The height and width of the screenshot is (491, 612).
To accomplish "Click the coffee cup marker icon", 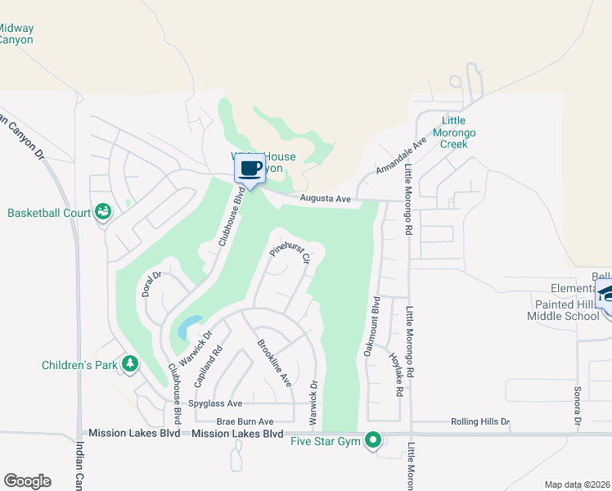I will [250, 169].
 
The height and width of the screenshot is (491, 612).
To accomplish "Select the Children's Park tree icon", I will [129, 364].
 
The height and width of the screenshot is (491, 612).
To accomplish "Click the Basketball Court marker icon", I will [103, 213].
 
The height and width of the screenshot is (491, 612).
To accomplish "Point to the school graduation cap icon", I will [606, 292].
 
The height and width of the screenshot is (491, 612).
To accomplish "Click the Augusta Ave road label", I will [325, 199].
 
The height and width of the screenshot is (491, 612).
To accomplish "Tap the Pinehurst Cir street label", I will [290, 255].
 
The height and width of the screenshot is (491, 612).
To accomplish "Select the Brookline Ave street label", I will [274, 363].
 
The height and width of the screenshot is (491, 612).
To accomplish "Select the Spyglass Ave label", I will [215, 403].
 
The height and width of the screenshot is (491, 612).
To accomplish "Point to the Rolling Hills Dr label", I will [480, 422].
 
